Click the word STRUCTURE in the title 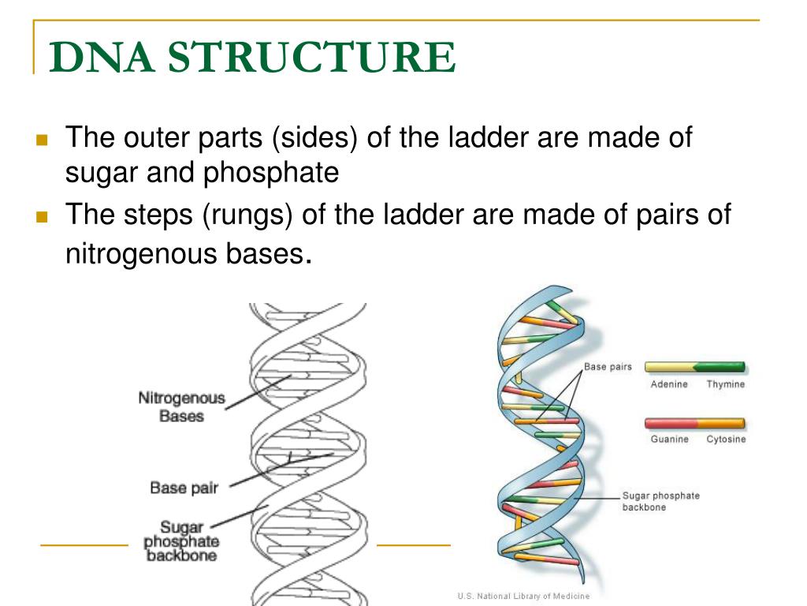[311, 58]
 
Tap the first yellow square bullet [43, 141]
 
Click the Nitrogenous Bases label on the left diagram [181, 407]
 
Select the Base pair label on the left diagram [184, 488]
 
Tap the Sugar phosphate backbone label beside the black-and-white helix [181, 541]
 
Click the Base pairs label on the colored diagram [608, 367]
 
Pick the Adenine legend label [669, 384]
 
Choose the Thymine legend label [725, 384]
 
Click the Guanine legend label [669, 440]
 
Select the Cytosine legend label [725, 440]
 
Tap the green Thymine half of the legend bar [720, 367]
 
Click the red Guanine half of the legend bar [670, 423]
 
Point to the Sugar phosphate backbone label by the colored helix [660, 501]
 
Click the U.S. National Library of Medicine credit [523, 597]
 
